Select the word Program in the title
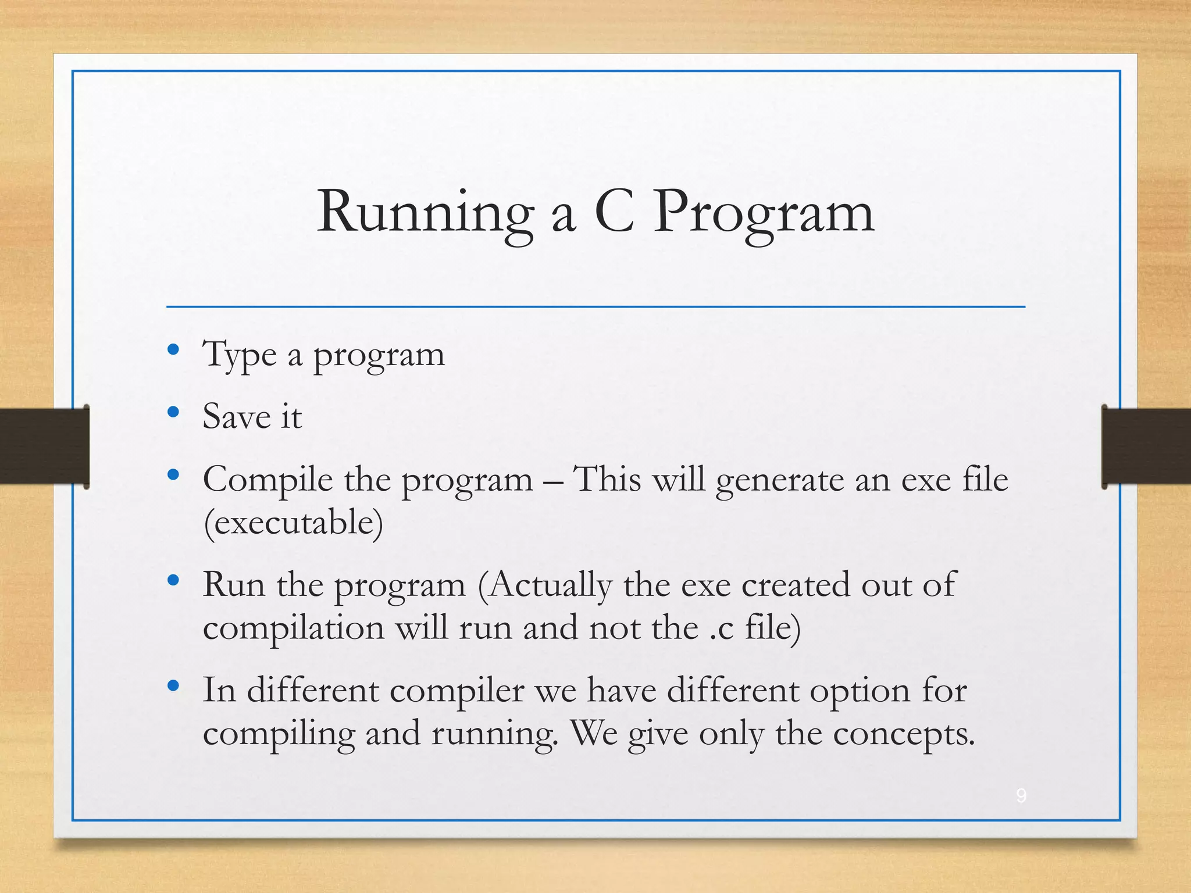point(764,214)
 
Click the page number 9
point(1021,795)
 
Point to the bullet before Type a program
point(173,349)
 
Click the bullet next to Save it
point(173,412)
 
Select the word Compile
point(268,480)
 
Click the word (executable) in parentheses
point(293,523)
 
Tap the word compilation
point(294,628)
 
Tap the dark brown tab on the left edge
point(44,446)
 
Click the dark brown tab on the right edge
point(1146,446)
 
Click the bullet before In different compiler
point(173,686)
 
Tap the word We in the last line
point(594,733)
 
